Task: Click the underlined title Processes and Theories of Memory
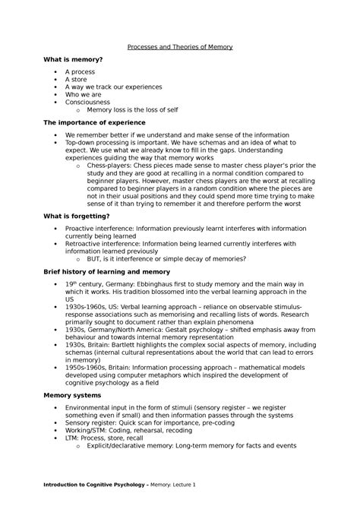179,47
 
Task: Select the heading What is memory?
74,59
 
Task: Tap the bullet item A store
76,79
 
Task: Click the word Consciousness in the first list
87,101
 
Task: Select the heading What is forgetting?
77,217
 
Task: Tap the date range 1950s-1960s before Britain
88,367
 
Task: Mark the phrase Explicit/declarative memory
132,447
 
